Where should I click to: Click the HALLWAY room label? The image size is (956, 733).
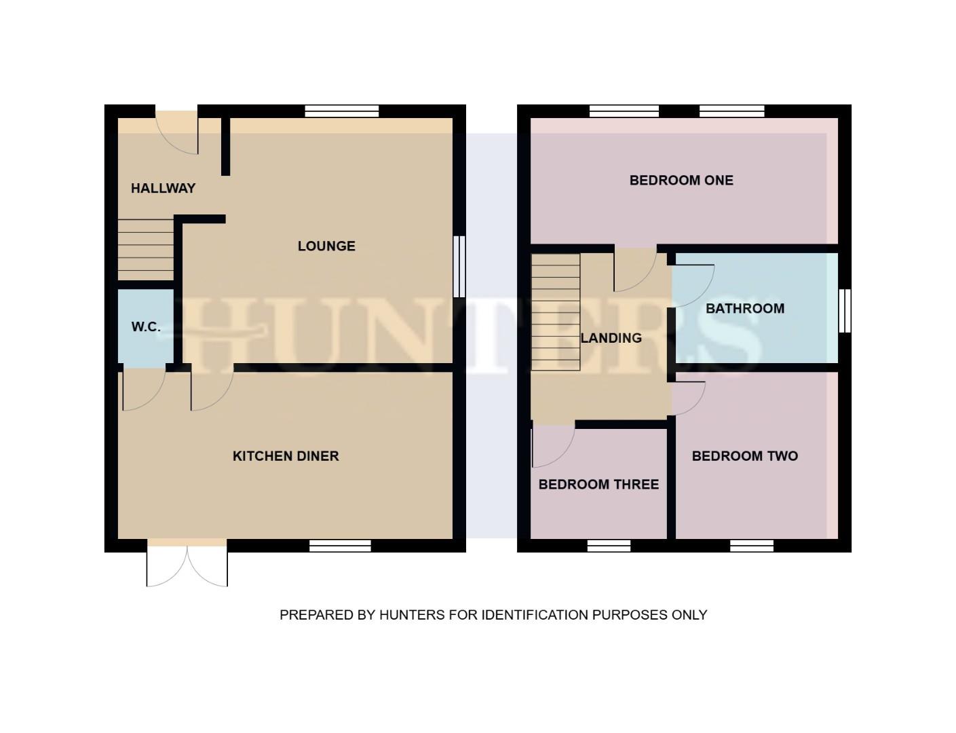click(x=163, y=189)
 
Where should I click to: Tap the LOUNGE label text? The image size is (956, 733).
click(x=326, y=246)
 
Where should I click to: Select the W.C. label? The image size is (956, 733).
click(x=146, y=327)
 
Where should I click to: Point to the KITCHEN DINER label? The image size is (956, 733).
click(x=286, y=456)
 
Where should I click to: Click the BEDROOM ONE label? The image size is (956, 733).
click(x=681, y=181)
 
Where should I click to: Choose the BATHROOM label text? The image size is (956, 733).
click(x=745, y=309)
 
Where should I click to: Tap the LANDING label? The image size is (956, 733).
click(x=611, y=338)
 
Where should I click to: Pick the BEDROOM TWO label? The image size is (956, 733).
click(x=744, y=456)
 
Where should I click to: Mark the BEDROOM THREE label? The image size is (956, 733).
click(x=598, y=485)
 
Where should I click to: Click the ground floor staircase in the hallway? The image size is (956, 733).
click(x=146, y=249)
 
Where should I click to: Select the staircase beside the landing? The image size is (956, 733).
click(x=556, y=312)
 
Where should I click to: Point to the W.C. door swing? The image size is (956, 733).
click(x=143, y=390)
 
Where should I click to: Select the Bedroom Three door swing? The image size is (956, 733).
click(x=552, y=445)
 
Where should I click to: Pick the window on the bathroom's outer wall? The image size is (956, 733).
click(x=845, y=311)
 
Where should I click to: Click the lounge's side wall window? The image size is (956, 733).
click(x=459, y=266)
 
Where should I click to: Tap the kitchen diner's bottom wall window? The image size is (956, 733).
click(x=340, y=546)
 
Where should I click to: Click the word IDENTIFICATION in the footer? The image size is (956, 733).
click(x=535, y=615)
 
